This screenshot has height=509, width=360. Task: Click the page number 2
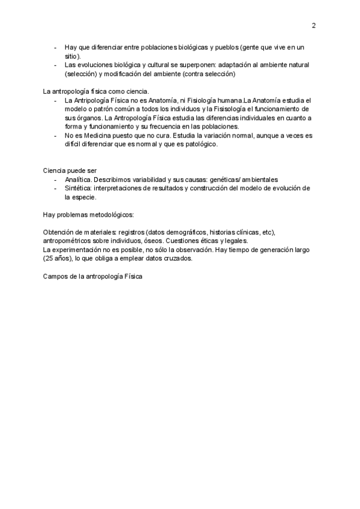click(x=314, y=25)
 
